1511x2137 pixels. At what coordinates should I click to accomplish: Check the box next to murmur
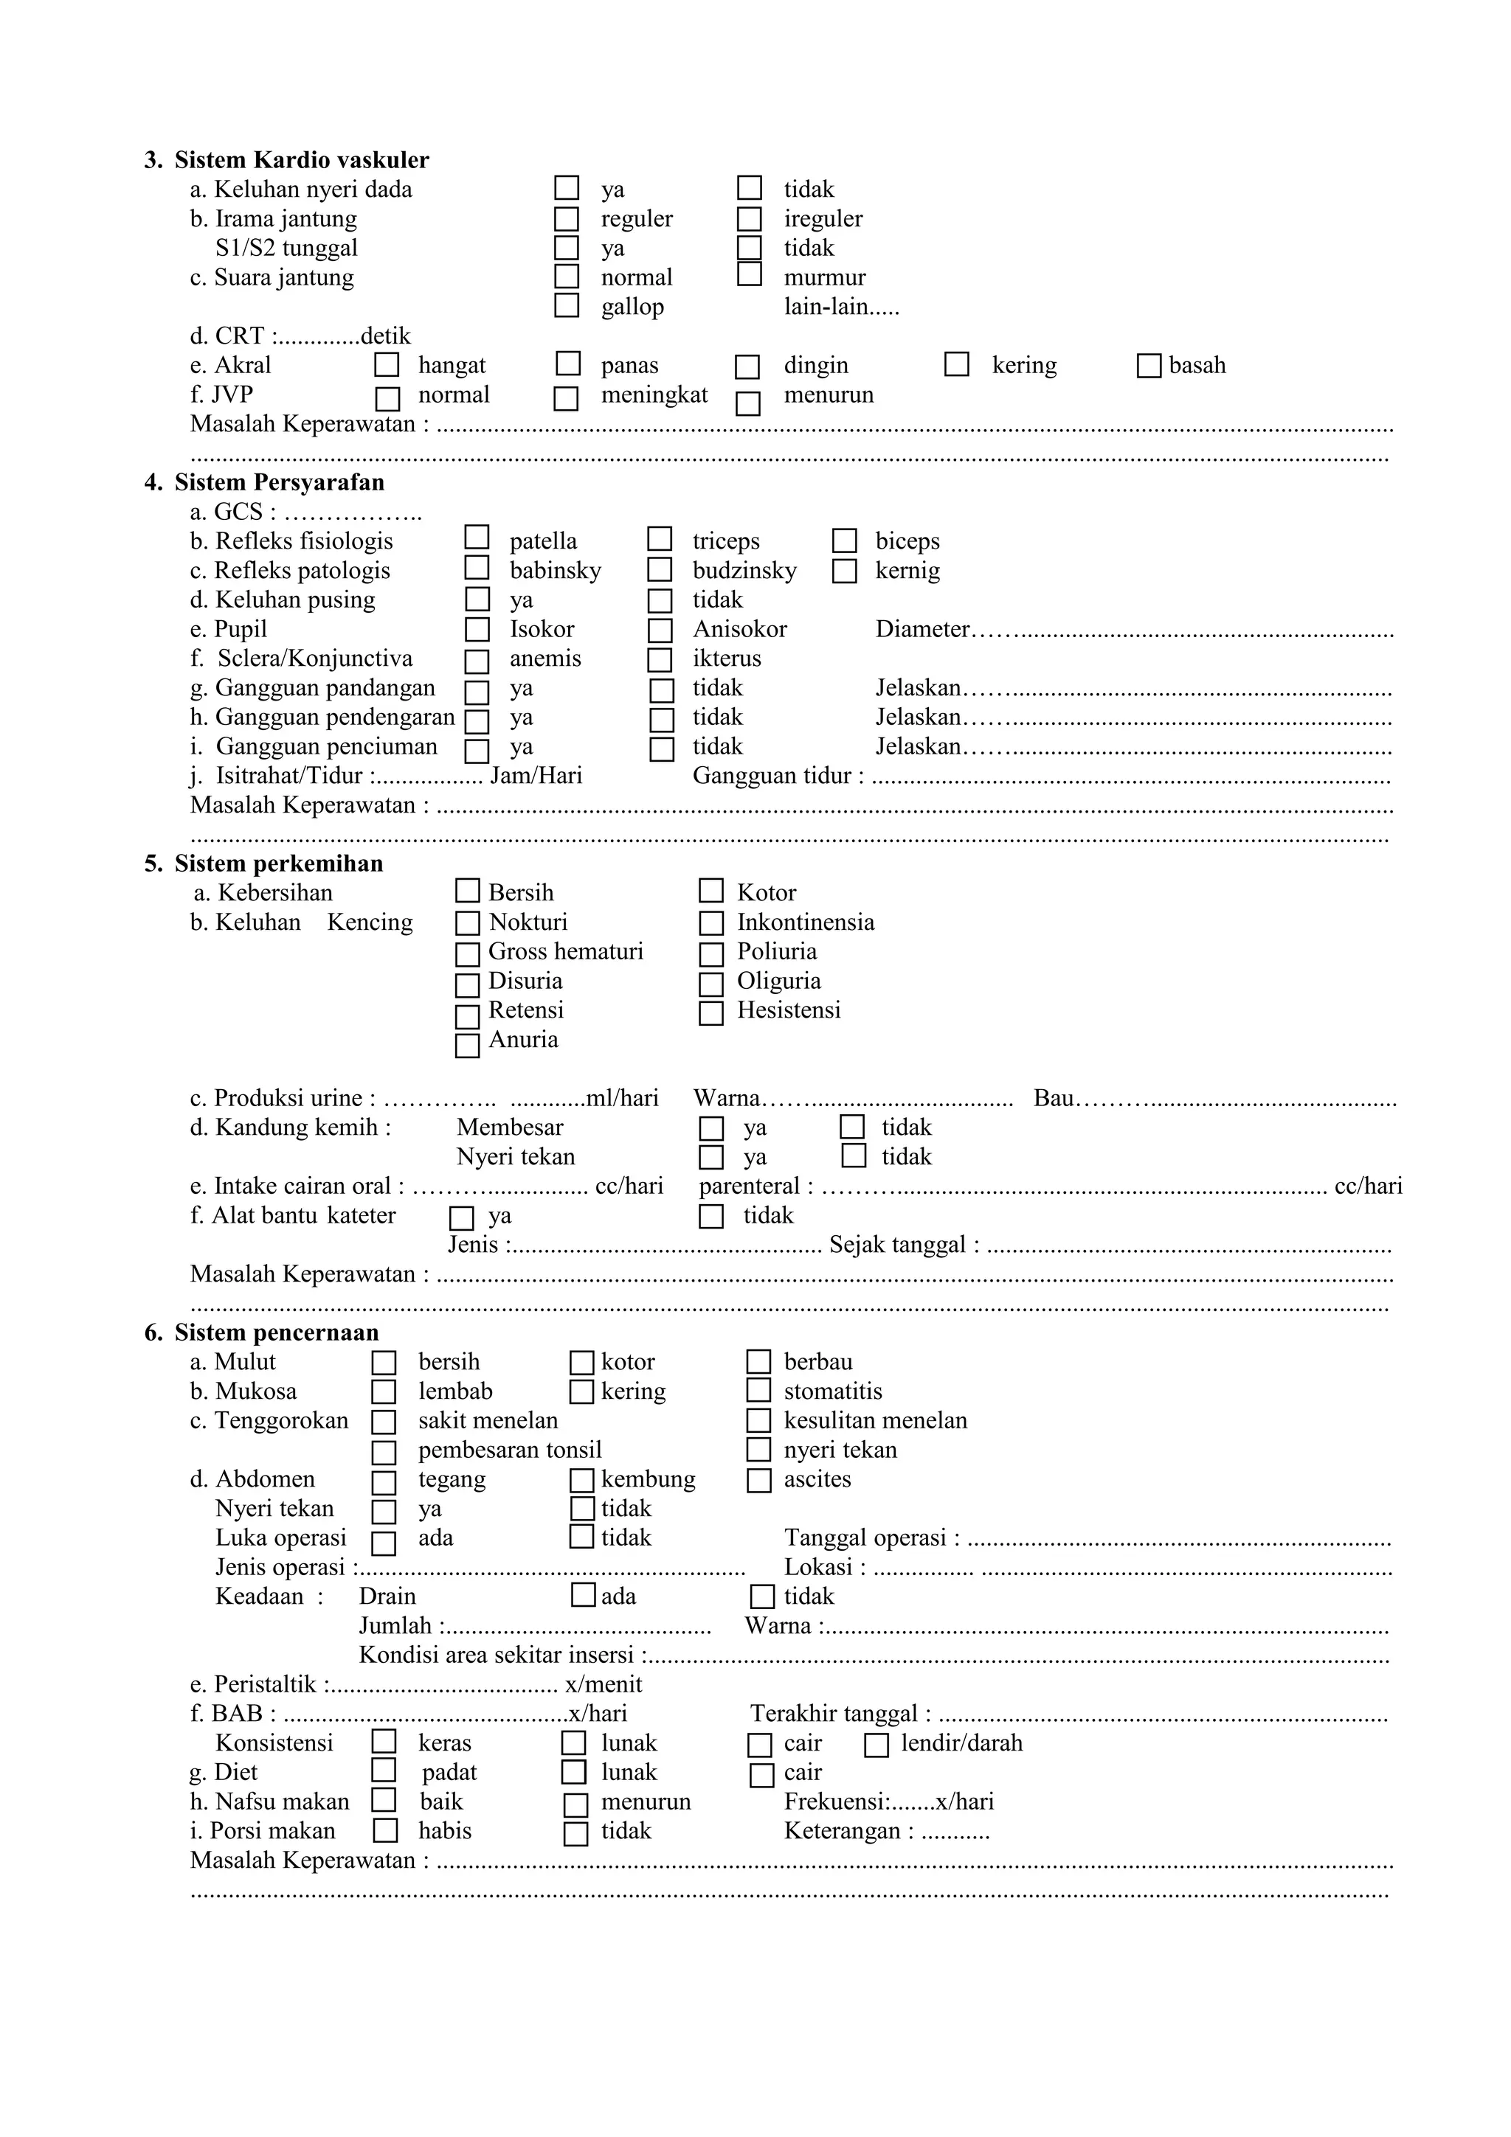750,274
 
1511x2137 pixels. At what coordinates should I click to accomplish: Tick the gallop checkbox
567,305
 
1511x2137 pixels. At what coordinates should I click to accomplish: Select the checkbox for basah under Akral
1149,366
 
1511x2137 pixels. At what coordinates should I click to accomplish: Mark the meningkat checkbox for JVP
566,398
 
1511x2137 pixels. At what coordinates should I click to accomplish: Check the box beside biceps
845,541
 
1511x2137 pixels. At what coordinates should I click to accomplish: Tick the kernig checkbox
845,571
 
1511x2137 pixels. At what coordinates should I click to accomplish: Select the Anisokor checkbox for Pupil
660,630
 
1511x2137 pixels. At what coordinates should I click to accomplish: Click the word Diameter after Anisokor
922,629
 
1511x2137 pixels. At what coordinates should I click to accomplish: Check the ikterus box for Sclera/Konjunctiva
660,660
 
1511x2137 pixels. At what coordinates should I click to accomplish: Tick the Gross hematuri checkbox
467,954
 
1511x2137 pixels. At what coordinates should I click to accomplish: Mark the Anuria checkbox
467,1045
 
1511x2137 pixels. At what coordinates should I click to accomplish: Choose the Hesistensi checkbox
711,1012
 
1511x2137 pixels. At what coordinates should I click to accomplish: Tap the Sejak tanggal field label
903,1245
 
